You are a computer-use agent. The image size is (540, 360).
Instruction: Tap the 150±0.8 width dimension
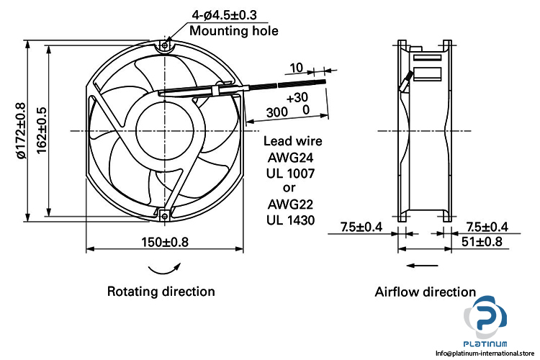click(165, 242)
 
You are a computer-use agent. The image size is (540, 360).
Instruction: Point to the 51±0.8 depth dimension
click(482, 242)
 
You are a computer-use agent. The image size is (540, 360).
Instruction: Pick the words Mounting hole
click(233, 30)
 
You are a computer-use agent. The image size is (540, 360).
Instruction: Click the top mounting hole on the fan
click(165, 46)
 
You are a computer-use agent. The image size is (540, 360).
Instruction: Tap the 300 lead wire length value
click(277, 112)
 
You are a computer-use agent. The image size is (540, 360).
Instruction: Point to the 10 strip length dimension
click(296, 68)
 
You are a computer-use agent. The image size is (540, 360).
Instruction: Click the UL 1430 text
click(292, 220)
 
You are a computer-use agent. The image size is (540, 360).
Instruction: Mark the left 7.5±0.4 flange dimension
click(362, 228)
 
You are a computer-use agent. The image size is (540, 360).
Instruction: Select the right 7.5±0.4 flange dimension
click(486, 228)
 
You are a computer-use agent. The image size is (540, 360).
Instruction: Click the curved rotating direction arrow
click(163, 268)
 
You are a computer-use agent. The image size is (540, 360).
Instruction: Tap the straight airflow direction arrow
click(421, 266)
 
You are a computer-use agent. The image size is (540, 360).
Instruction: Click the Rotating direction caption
click(161, 292)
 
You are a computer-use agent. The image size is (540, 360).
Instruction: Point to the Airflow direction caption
click(425, 292)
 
